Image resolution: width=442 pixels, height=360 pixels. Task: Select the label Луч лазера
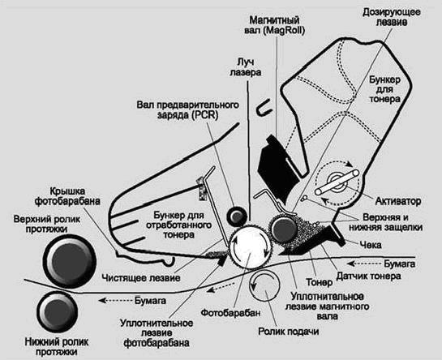point(247,67)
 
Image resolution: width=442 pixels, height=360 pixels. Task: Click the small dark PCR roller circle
point(238,214)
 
